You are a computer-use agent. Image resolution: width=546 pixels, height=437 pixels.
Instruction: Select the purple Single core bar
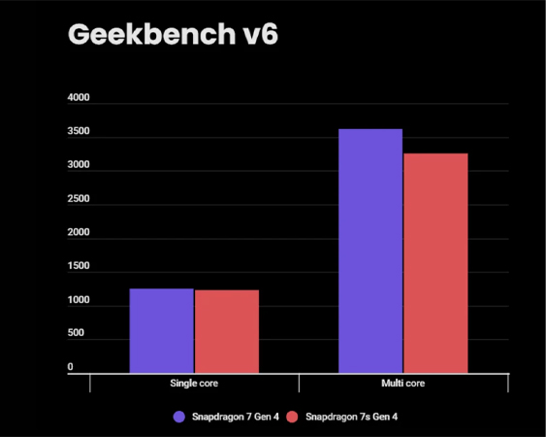(161, 330)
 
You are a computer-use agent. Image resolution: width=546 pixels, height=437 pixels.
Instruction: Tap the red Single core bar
(226, 331)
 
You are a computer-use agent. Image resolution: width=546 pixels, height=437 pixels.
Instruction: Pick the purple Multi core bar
(370, 251)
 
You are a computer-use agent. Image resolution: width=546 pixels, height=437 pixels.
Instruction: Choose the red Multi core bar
(435, 262)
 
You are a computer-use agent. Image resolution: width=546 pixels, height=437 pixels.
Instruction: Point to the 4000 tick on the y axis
(78, 99)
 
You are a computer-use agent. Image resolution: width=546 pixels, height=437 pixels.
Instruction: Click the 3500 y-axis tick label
(78, 133)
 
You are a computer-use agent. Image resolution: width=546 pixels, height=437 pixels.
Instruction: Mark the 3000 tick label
(78, 166)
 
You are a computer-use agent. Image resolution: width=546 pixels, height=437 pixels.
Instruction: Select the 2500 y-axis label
(78, 200)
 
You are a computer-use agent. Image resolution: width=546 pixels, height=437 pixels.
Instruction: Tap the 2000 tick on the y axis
(78, 233)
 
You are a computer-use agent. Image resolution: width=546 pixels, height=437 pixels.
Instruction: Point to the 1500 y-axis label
(78, 267)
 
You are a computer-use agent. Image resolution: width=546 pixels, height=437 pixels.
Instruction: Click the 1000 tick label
(78, 301)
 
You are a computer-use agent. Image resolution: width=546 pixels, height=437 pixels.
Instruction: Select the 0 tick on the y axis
(71, 368)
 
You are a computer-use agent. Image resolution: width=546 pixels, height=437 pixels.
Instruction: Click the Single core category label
(193, 384)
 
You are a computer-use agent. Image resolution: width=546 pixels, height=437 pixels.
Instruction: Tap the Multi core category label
(402, 384)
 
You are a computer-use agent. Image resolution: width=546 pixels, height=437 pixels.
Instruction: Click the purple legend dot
(178, 417)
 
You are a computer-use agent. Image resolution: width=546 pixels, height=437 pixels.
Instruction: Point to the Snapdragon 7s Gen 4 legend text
(351, 417)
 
